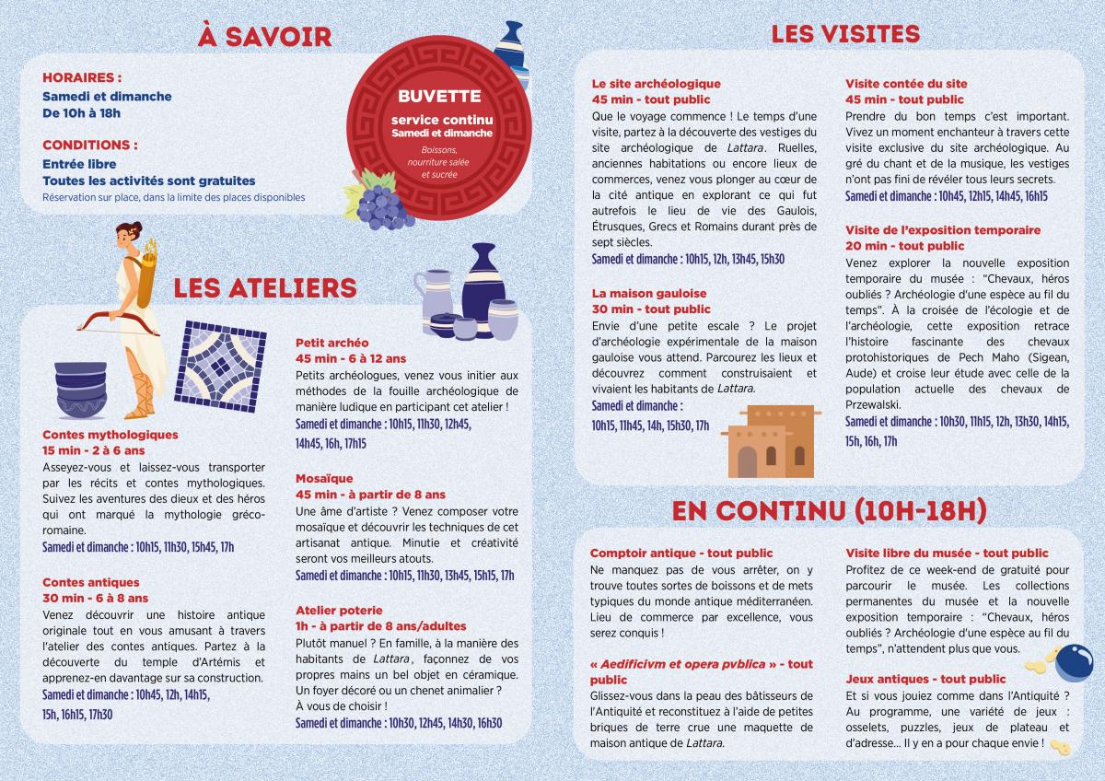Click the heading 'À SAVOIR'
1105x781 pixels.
coord(265,37)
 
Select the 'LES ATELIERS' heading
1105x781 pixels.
coord(265,288)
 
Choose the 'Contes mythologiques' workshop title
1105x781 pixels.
coord(110,435)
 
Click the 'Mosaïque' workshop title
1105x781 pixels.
coord(324,479)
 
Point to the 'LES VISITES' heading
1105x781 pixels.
coord(845,35)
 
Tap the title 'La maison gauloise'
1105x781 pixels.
coord(648,294)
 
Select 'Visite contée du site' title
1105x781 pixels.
coord(906,84)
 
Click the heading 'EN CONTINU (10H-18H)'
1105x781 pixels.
coord(830,509)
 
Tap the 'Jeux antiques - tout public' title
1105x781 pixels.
coord(925,679)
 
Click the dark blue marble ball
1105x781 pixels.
coord(1072,662)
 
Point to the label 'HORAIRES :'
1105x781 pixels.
coord(82,78)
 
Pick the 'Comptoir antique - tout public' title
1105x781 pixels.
coord(681,554)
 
